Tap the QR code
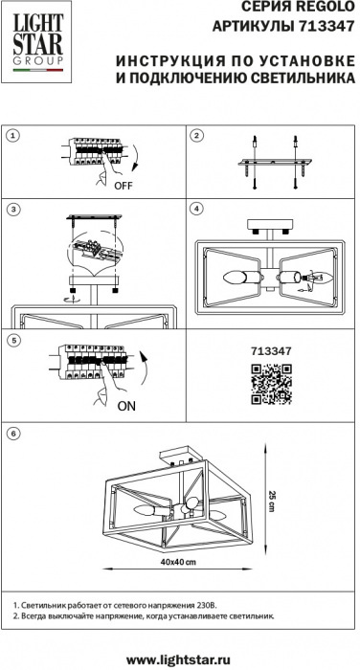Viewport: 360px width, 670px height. [x=271, y=384]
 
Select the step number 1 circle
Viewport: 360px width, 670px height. [x=13, y=136]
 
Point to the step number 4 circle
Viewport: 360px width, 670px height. [x=196, y=209]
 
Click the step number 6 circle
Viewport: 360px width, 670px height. [x=13, y=434]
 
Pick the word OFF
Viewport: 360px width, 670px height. [x=124, y=186]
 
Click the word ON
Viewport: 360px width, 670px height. [x=126, y=407]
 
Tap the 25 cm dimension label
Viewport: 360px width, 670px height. [x=271, y=501]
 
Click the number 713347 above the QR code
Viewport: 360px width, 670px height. [x=272, y=351]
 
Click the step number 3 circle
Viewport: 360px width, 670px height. [x=13, y=209]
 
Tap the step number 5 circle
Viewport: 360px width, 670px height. [x=13, y=341]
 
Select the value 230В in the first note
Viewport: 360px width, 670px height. [x=208, y=606]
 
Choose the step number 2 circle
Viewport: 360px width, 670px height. [x=196, y=136]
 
